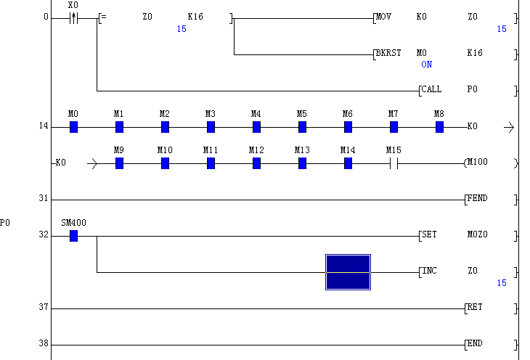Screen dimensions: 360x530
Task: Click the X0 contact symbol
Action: (73, 17)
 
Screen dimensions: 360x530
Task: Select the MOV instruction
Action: (384, 16)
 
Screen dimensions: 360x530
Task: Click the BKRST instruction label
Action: (388, 53)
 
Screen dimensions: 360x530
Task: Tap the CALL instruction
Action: (431, 89)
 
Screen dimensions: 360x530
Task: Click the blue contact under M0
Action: (73, 127)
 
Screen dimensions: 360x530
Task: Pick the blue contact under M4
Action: (256, 127)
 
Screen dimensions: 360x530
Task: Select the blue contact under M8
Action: (439, 127)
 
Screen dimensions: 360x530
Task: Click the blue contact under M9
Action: (119, 163)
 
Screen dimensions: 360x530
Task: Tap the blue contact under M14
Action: (348, 163)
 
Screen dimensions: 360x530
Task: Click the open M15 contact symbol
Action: (394, 163)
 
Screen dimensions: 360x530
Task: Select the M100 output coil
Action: (477, 163)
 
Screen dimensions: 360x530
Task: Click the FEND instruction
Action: (477, 198)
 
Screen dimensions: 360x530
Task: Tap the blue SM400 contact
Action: (73, 236)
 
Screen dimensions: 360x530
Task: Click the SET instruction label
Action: (429, 234)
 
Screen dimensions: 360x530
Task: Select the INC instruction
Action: (429, 271)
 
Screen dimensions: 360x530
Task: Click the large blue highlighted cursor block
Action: (348, 272)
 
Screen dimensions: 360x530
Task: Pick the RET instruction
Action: (475, 307)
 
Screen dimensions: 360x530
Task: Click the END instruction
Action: (475, 343)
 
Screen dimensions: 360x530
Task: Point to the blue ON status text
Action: (426, 65)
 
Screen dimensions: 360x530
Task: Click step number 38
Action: (44, 344)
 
